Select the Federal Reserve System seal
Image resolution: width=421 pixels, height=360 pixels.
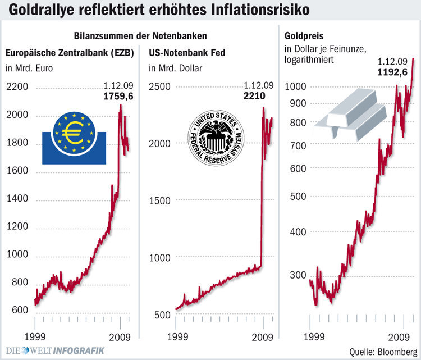(216, 138)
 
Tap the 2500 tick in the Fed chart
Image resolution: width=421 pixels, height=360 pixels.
(159, 87)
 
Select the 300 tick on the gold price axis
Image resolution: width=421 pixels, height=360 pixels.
(298, 275)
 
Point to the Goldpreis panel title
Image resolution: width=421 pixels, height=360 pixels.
(303, 37)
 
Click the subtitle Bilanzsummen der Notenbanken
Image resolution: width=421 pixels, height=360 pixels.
(140, 35)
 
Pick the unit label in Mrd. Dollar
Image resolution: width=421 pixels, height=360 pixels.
(175, 69)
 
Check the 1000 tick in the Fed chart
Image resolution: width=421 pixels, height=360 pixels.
(159, 257)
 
